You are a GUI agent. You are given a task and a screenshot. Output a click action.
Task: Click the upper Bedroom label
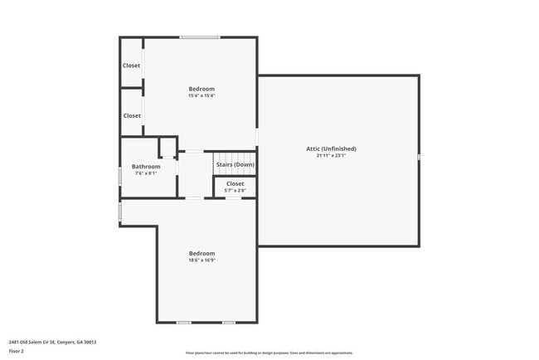tap(202, 89)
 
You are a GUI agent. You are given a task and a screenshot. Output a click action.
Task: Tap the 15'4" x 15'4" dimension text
tap(202, 96)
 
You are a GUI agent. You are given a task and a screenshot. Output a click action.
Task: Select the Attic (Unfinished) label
tap(337, 148)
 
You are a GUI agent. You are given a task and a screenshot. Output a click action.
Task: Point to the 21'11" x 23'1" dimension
tap(337, 156)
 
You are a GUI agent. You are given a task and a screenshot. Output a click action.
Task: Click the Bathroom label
tap(146, 166)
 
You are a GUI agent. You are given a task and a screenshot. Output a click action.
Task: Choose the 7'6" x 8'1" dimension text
tap(146, 173)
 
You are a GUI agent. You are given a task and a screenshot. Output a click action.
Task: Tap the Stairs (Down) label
tap(236, 164)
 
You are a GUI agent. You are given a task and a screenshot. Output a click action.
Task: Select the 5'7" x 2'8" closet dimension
tap(236, 191)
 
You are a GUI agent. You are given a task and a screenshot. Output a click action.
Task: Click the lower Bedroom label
tap(202, 253)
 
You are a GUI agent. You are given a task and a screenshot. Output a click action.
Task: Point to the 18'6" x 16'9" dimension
tap(202, 260)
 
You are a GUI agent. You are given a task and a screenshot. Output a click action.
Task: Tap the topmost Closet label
tap(132, 66)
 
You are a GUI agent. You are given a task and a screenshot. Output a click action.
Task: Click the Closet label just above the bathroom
tap(132, 115)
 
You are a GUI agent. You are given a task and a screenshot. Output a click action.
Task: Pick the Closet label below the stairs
tap(236, 183)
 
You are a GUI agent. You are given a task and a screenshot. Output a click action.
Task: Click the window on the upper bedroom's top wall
tap(201, 37)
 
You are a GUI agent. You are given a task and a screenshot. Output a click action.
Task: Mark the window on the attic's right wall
tap(419, 157)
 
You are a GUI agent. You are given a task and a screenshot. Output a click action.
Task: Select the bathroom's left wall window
tap(121, 176)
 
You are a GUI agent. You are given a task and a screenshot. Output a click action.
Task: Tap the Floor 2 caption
tap(17, 351)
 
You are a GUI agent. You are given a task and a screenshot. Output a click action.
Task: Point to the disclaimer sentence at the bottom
tap(269, 353)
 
